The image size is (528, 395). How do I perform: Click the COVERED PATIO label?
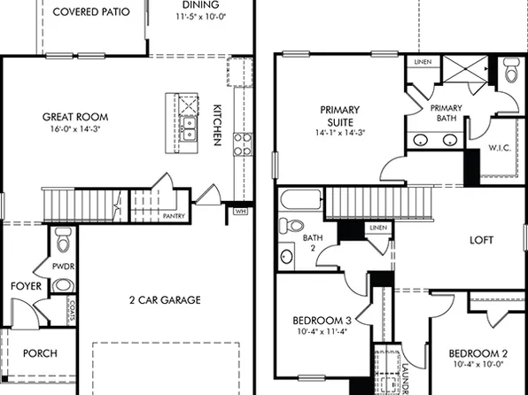tap(91, 12)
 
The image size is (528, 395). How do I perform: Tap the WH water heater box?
tap(240, 212)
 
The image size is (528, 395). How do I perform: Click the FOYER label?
tap(26, 287)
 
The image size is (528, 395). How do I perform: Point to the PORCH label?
tap(40, 353)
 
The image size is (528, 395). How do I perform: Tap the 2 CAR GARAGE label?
tap(164, 300)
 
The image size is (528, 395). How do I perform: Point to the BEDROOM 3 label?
tap(323, 321)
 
